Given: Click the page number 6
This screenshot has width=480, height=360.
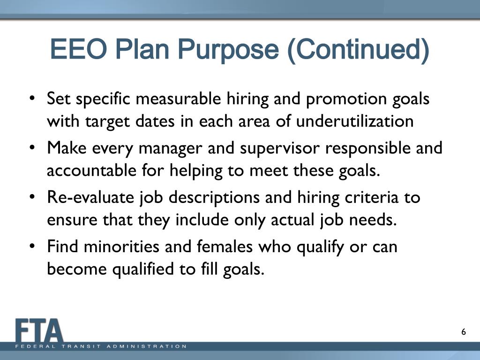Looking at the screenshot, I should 464,332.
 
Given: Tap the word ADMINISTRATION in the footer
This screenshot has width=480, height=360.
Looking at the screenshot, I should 147,346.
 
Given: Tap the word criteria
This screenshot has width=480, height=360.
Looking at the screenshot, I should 369,197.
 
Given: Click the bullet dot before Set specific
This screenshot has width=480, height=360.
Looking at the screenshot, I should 32,99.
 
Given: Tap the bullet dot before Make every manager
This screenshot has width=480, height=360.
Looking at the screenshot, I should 32,149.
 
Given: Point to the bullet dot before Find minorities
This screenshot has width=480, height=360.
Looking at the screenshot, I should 32,247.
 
